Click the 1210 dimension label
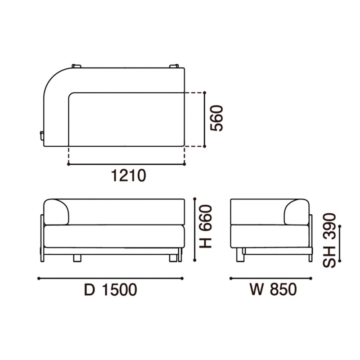coord(129,175)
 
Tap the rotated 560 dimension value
coord(217,118)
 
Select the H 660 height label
coord(205,226)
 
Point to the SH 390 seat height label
coord(329,240)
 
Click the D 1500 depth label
coord(111,290)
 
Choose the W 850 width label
coord(273,289)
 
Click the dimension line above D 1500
coord(110,279)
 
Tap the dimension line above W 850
coord(271,279)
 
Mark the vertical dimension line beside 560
coord(205,119)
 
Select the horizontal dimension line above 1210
coord(126,164)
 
